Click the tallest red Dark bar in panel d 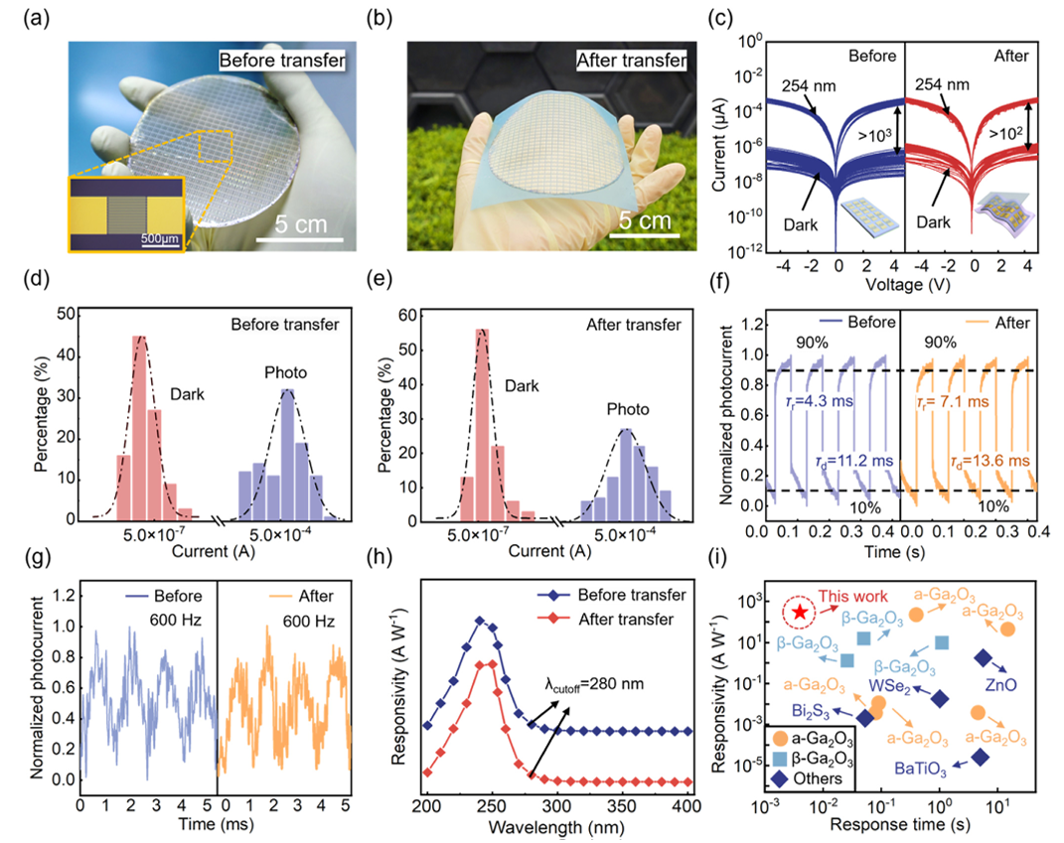point(140,427)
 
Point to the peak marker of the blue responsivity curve point(480,621)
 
